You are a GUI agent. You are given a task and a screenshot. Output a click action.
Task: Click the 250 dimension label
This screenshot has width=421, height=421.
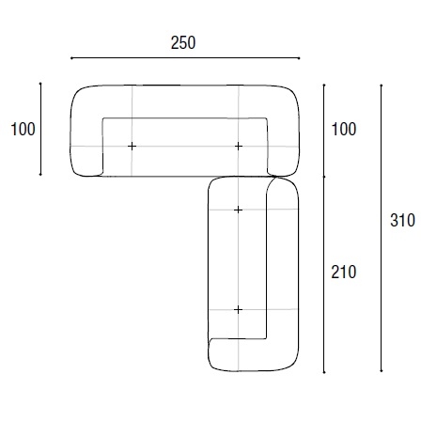click(183, 43)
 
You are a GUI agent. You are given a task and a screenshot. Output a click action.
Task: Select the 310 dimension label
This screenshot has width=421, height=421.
click(403, 220)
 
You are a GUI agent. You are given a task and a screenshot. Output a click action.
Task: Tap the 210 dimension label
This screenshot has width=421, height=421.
click(344, 272)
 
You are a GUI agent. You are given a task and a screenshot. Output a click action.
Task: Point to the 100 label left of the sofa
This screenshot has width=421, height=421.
click(23, 129)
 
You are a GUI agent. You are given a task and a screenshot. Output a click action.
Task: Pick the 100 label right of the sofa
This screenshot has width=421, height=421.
click(344, 129)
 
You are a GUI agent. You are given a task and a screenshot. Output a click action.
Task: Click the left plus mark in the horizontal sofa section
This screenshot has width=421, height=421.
click(132, 146)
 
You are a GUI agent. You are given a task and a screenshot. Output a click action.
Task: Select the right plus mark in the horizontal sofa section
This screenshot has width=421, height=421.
click(239, 146)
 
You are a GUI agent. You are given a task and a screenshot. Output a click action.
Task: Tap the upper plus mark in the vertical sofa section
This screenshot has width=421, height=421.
click(238, 210)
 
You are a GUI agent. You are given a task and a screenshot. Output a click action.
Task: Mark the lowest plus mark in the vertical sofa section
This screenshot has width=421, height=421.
click(238, 310)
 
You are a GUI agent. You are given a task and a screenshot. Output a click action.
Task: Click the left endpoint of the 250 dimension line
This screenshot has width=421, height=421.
click(71, 58)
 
